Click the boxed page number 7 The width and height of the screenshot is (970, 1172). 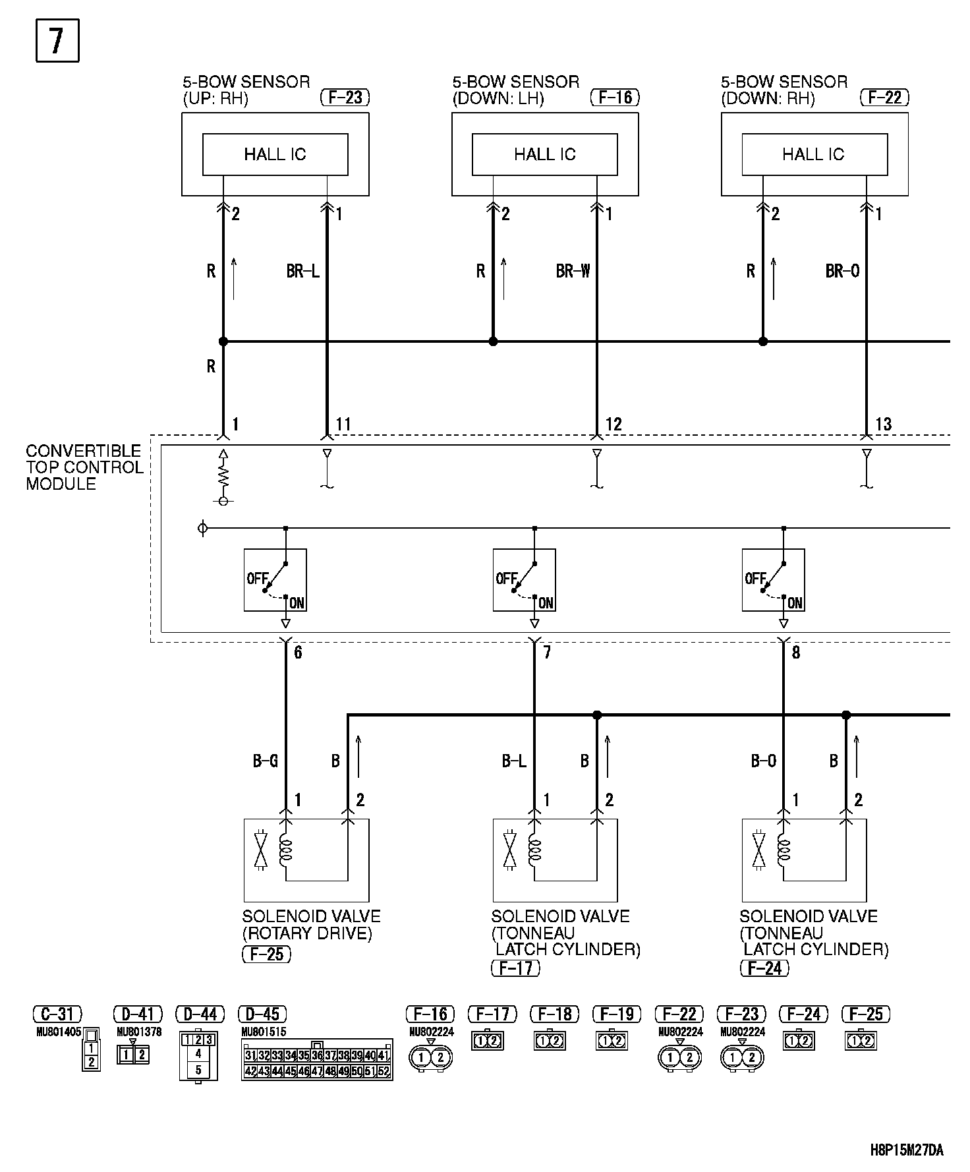tap(57, 41)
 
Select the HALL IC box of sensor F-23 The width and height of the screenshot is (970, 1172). tap(275, 154)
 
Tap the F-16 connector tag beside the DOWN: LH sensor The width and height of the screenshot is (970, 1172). tap(615, 98)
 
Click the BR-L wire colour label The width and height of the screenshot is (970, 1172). tap(302, 271)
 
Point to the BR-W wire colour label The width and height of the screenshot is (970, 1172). tap(573, 271)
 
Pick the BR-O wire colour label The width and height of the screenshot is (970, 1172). tap(842, 271)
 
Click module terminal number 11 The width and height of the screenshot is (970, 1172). tap(343, 425)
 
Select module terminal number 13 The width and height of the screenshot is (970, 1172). tap(883, 425)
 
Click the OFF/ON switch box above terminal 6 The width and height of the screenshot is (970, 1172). tap(275, 580)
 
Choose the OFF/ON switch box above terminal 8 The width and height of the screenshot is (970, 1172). tap(773, 580)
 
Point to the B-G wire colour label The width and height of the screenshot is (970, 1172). tap(265, 761)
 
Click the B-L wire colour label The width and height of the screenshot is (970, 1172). tap(514, 761)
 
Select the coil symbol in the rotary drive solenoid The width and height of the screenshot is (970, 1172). tap(286, 851)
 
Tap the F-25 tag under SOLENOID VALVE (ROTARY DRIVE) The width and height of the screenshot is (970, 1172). tap(266, 954)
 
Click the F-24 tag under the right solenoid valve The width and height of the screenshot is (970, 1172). tap(764, 968)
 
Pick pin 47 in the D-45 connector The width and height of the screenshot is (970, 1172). tap(317, 1071)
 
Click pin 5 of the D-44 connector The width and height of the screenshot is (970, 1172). tap(198, 1070)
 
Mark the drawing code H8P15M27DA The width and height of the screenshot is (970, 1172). tap(907, 1151)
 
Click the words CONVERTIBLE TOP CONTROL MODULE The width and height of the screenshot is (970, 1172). tap(84, 467)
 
